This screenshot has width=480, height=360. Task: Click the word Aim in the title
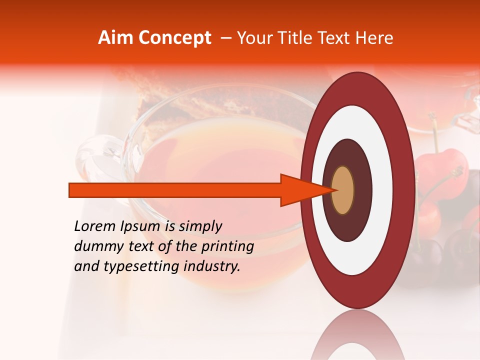pyautogui.click(x=115, y=38)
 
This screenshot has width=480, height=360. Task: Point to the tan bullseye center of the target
pyautogui.click(x=343, y=190)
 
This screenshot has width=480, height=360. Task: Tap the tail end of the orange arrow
pyautogui.click(x=70, y=190)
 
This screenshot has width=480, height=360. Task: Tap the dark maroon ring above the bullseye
pyautogui.click(x=347, y=152)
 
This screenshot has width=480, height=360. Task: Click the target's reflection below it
pyautogui.click(x=357, y=335)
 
